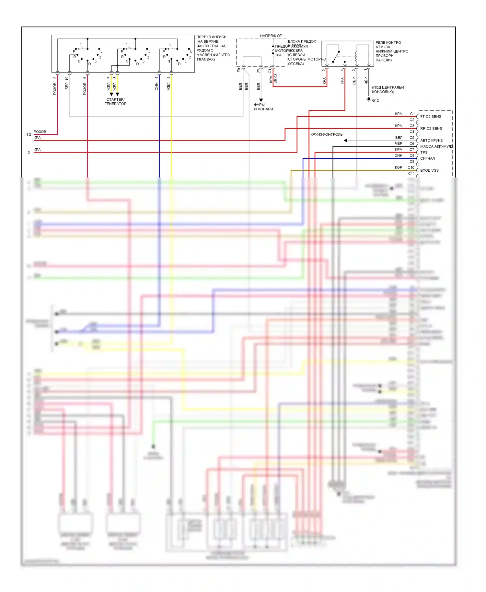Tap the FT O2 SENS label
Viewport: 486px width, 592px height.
[431, 117]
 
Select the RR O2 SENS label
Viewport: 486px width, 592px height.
[431, 129]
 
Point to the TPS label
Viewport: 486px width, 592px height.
[424, 153]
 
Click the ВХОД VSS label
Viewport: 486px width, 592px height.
[429, 170]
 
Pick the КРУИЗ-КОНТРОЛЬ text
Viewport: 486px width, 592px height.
[326, 134]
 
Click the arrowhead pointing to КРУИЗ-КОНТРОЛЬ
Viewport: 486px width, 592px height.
[346, 141]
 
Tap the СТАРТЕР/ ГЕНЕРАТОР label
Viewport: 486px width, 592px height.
[115, 102]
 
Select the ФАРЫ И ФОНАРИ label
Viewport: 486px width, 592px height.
[263, 107]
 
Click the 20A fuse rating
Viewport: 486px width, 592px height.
[278, 55]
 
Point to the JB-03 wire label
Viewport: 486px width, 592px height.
[276, 78]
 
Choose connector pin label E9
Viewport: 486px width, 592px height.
[239, 70]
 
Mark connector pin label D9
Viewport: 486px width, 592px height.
[258, 71]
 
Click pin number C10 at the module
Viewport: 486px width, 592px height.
[411, 167]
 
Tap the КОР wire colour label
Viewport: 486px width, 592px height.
[399, 167]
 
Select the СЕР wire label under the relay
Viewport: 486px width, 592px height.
[354, 81]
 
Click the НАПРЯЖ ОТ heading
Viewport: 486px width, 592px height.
[271, 36]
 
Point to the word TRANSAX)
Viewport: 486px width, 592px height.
[205, 60]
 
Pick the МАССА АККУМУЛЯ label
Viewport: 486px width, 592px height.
[436, 146]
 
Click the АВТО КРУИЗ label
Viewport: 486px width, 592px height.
[431, 141]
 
